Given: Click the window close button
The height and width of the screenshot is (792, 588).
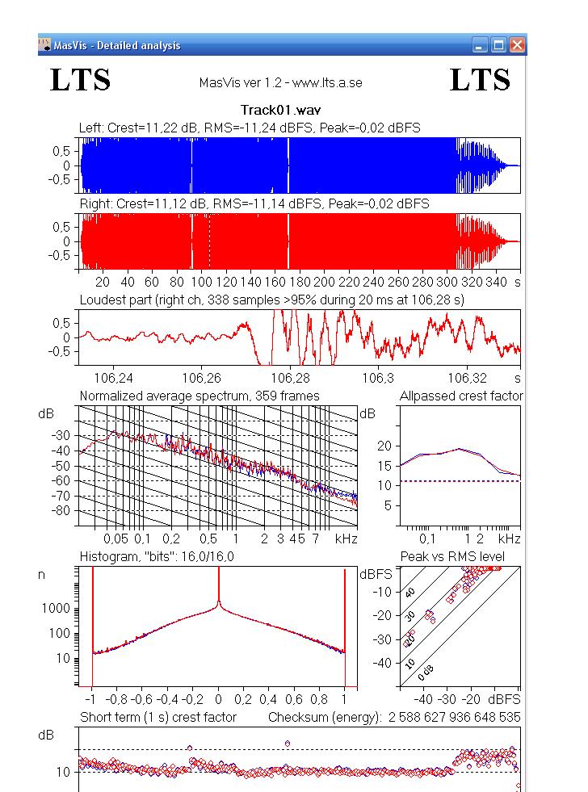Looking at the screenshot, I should click(x=517, y=46).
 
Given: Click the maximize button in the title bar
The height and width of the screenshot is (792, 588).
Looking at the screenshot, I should click(x=499, y=46).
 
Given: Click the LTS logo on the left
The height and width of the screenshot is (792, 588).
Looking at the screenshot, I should click(x=81, y=80).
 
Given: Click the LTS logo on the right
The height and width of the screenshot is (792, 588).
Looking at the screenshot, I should click(x=480, y=80).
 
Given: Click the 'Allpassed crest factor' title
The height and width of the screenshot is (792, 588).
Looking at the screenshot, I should click(x=461, y=396).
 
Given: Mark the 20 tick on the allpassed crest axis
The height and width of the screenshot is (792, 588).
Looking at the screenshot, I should click(x=384, y=446).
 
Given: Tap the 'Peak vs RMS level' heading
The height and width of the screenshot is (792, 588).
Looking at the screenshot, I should click(x=452, y=557).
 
